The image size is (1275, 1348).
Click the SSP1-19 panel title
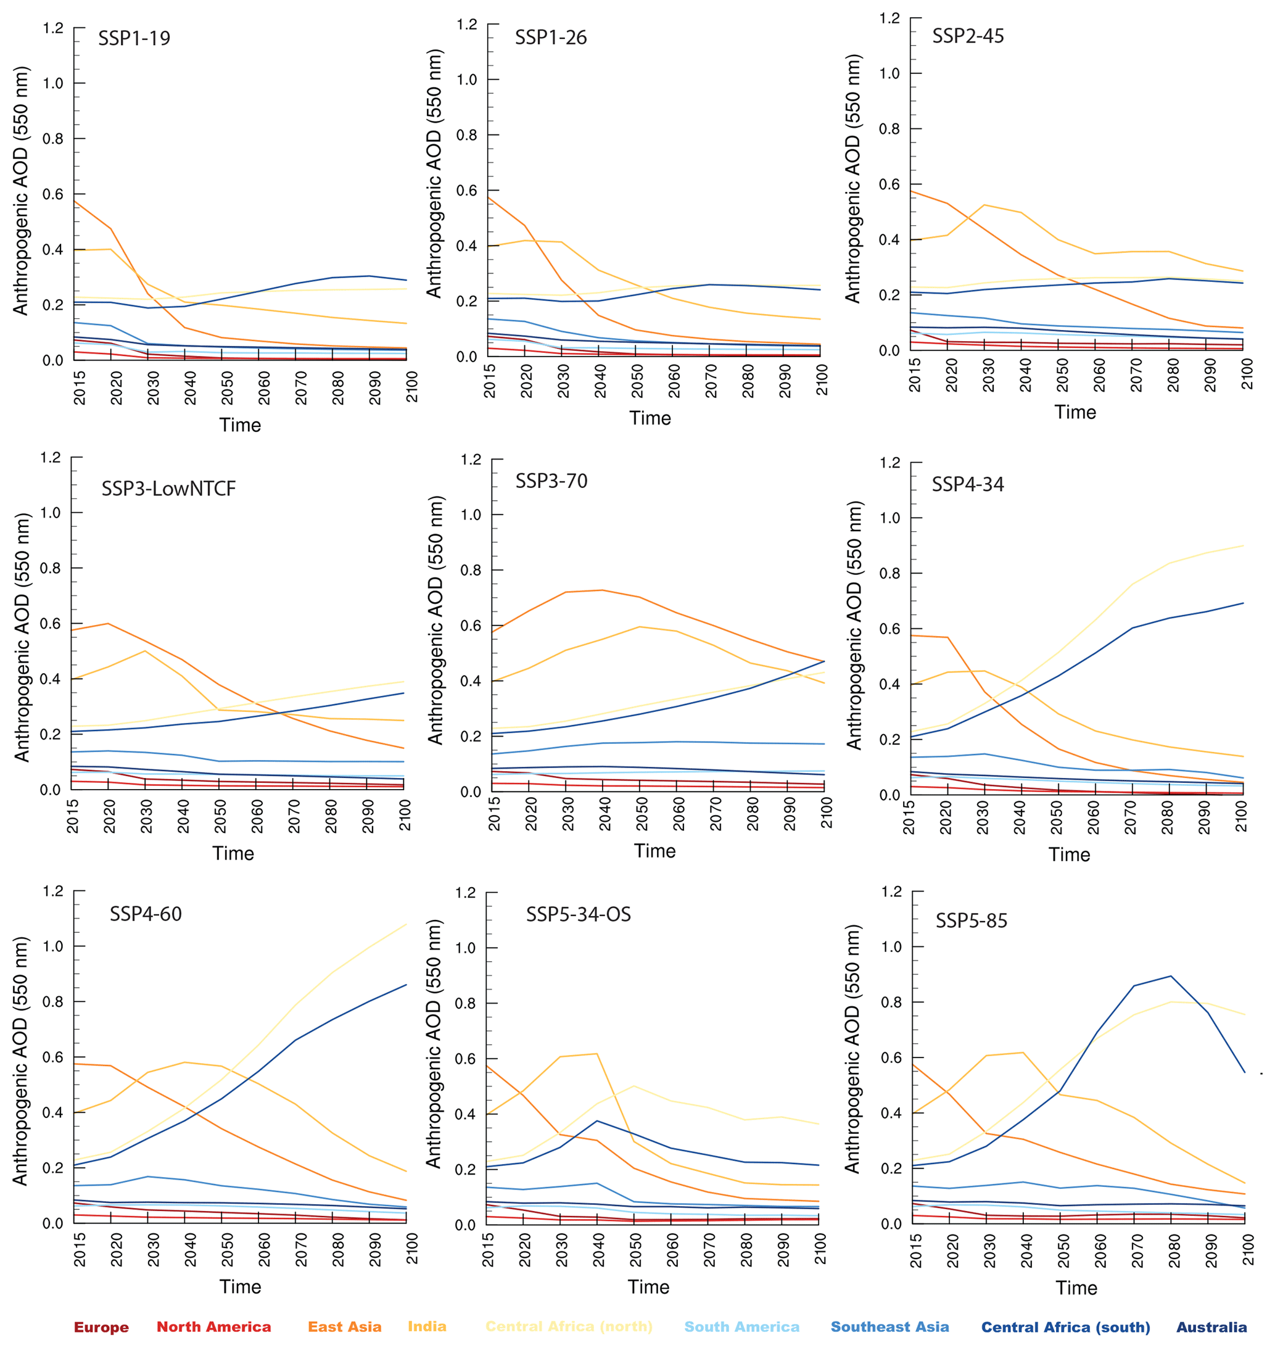pos(134,38)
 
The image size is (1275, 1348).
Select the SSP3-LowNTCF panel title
pos(168,489)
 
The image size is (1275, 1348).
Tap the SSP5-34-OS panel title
pos(579,914)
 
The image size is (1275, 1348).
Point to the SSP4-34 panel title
pos(968,485)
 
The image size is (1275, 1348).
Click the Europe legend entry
pos(101,1327)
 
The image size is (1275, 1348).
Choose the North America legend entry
pos(213,1327)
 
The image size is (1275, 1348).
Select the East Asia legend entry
pos(345,1327)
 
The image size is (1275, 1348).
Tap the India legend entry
pos(427,1326)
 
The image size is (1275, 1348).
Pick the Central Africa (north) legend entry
pos(568,1326)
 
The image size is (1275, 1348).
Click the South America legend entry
pos(741,1327)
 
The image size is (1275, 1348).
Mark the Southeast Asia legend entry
pos(889,1327)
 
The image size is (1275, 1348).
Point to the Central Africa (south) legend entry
pos(1065,1327)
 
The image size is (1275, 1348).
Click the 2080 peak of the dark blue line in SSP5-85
pos(1170,976)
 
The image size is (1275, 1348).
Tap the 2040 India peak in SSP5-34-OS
pos(596,1054)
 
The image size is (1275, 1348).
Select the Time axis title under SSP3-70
pos(654,851)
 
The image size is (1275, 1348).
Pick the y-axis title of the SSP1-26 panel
pos(434,173)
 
